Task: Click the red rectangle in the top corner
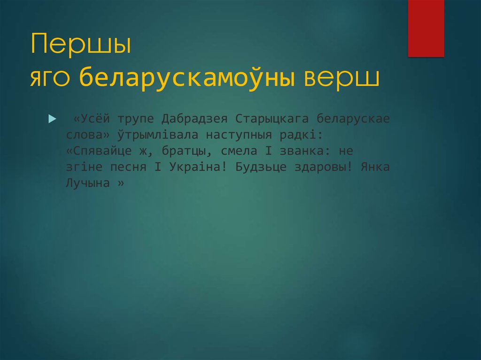point(426,28)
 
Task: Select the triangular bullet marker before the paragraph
point(52,117)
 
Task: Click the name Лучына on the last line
point(85,184)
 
